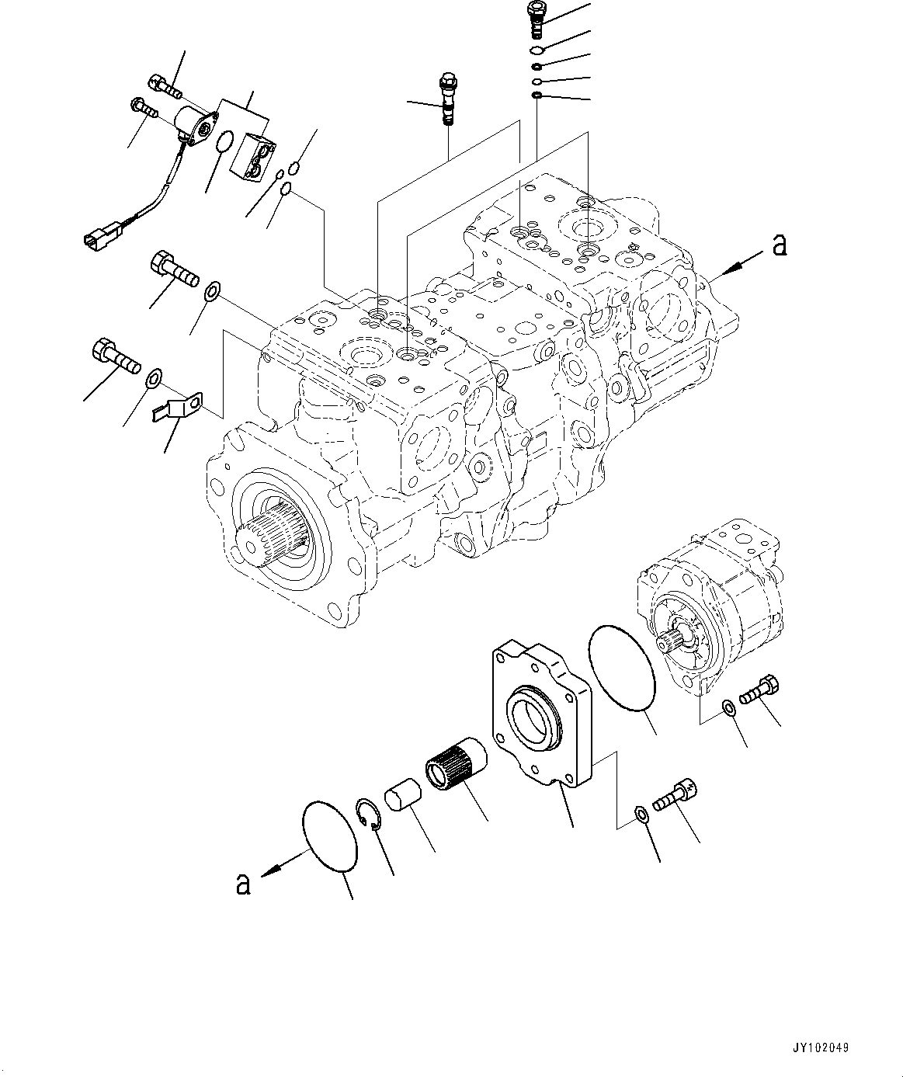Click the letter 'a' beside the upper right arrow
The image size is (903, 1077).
[x=779, y=245]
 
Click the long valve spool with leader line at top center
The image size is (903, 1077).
[x=447, y=98]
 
